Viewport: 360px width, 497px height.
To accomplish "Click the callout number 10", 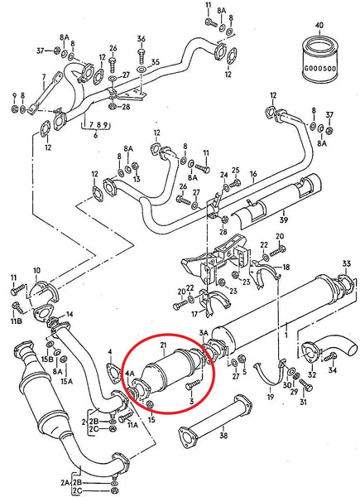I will tap(36, 271).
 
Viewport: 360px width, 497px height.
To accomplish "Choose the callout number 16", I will tap(253, 176).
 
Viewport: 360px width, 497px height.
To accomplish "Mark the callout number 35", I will tap(154, 61).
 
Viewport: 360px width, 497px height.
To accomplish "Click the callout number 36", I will tap(141, 39).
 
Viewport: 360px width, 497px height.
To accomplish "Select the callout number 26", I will tap(113, 48).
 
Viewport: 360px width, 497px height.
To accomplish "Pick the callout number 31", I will tap(303, 403).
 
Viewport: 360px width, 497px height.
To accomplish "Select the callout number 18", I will tap(286, 268).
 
